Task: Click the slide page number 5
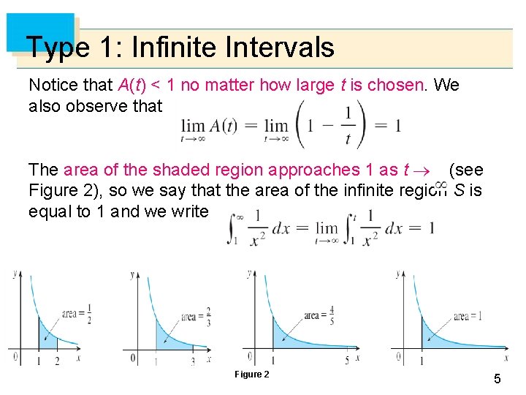click(x=497, y=379)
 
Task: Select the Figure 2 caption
click(x=251, y=375)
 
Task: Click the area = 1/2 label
click(x=80, y=314)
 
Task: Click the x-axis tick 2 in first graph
click(x=57, y=361)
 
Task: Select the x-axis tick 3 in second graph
click(x=192, y=361)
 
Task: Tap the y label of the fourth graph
click(x=399, y=274)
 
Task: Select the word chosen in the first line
click(x=395, y=85)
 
